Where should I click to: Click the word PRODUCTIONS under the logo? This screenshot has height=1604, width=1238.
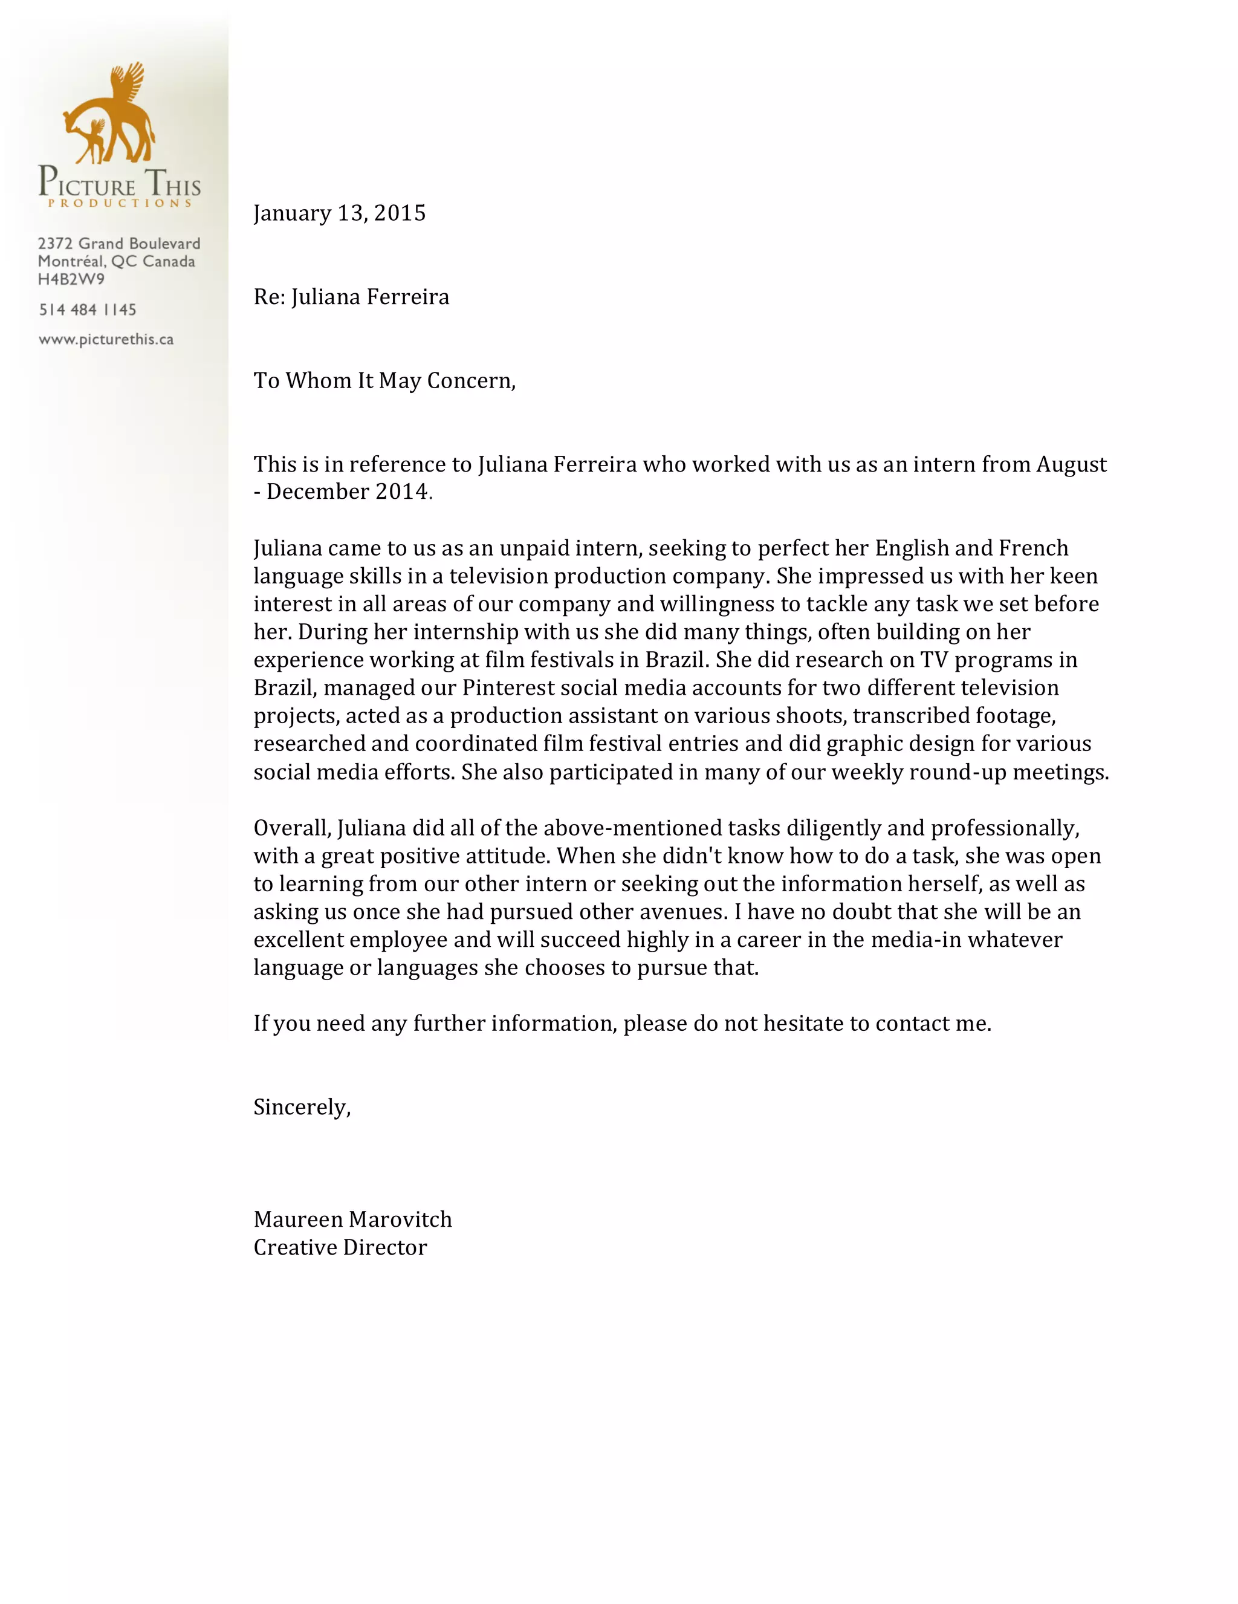click(x=120, y=203)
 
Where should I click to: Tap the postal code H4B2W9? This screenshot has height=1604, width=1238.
click(x=71, y=279)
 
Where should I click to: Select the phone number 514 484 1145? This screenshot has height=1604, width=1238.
click(x=88, y=310)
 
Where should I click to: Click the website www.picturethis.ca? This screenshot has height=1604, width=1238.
click(x=106, y=339)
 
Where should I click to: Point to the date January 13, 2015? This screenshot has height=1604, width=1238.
click(x=339, y=213)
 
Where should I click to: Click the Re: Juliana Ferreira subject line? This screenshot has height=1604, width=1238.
click(x=351, y=297)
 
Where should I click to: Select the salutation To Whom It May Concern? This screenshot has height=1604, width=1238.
click(x=384, y=380)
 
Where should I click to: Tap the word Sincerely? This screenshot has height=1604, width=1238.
click(x=302, y=1107)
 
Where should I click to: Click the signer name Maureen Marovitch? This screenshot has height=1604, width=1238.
click(x=352, y=1219)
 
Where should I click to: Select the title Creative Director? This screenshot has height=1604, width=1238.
click(x=340, y=1247)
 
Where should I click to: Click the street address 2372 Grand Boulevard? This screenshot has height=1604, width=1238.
click(x=119, y=243)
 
